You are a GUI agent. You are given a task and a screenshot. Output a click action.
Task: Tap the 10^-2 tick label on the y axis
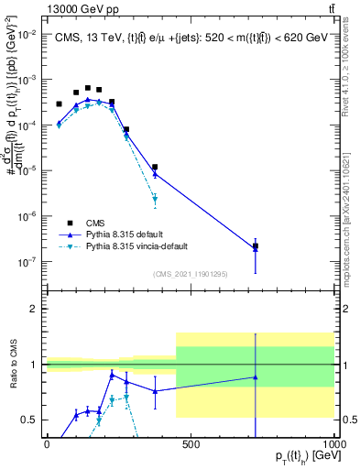(x=28, y=34)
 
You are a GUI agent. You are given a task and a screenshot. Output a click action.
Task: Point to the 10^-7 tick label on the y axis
(x=28, y=262)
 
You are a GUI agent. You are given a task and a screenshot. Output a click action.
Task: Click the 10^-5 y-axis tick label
(x=28, y=170)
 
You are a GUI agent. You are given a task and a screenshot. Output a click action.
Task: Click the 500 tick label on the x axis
(x=191, y=444)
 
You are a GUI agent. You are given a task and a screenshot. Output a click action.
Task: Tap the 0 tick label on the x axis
(x=47, y=444)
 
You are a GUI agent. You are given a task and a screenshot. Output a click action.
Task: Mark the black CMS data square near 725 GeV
(x=256, y=246)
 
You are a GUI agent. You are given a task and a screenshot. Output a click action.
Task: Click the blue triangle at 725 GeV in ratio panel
(x=256, y=377)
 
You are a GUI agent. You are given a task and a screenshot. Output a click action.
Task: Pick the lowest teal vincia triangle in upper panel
(x=155, y=199)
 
